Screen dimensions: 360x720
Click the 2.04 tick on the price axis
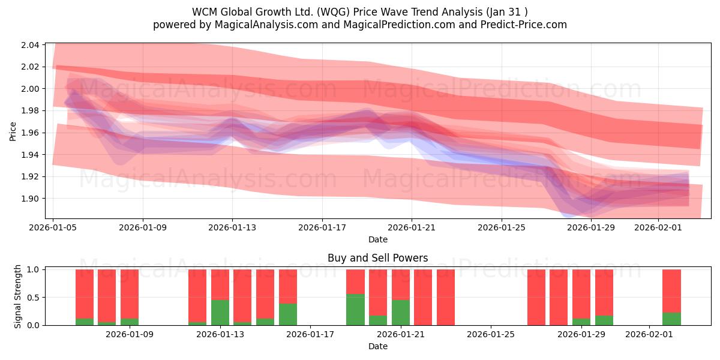pyautogui.click(x=31, y=45)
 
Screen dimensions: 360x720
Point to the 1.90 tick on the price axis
pyautogui.click(x=31, y=199)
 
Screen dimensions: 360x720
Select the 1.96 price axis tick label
pyautogui.click(x=31, y=133)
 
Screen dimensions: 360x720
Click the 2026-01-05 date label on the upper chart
pyautogui.click(x=53, y=227)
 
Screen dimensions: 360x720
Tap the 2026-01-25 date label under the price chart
pyautogui.click(x=502, y=227)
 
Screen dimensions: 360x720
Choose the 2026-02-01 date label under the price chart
pyautogui.click(x=658, y=227)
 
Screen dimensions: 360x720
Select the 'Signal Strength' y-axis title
pyautogui.click(x=18, y=296)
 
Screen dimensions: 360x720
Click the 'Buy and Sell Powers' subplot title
pyautogui.click(x=377, y=259)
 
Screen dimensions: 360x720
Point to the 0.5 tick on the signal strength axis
pyautogui.click(x=33, y=298)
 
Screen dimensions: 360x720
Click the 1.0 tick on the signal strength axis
pyautogui.click(x=33, y=270)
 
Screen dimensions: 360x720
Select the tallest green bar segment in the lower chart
pyautogui.click(x=355, y=310)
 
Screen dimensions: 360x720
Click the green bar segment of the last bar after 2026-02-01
pyautogui.click(x=671, y=319)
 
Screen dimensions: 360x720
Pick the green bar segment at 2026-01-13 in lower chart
pyautogui.click(x=220, y=312)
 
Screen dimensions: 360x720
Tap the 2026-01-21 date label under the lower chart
pyautogui.click(x=400, y=334)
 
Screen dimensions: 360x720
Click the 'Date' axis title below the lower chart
pyautogui.click(x=377, y=346)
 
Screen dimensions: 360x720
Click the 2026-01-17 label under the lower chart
pyautogui.click(x=311, y=334)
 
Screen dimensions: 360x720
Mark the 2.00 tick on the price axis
pyautogui.click(x=31, y=89)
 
